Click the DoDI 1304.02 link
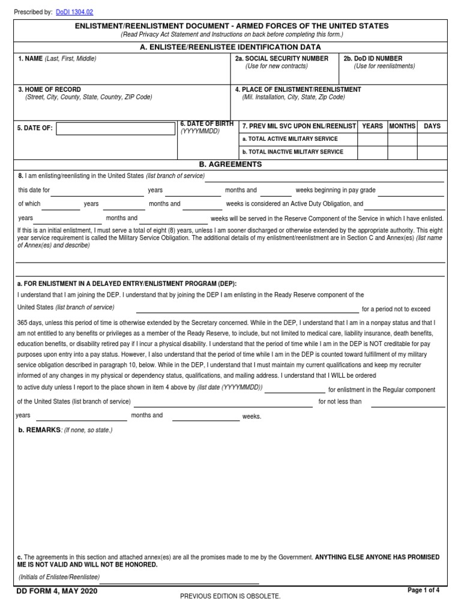click(74, 12)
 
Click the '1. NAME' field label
click(30, 59)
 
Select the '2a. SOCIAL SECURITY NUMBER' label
click(282, 59)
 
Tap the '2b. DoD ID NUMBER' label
click(373, 59)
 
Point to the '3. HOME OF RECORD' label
click(49, 89)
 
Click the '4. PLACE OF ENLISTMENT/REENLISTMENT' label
click(298, 89)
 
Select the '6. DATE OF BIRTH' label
click(206, 124)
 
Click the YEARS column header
click(372, 127)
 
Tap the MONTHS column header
click(402, 127)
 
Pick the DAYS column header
click(432, 127)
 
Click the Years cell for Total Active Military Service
click(372, 139)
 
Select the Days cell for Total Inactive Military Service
click(432, 152)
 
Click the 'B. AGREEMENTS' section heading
click(230, 164)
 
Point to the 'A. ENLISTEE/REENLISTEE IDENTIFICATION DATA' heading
click(230, 47)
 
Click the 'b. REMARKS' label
click(40, 430)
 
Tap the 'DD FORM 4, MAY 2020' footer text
click(57, 591)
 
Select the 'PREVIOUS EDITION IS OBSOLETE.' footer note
click(230, 597)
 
